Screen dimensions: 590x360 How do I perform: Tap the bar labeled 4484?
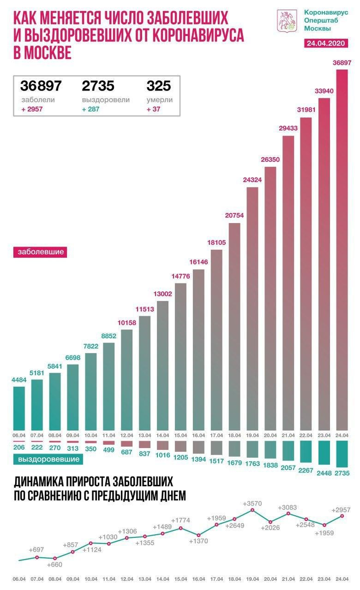coord(19,408)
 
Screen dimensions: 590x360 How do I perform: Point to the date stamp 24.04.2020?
coord(327,43)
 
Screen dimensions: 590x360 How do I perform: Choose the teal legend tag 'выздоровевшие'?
coord(48,459)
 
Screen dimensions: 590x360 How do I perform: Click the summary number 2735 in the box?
coord(98,86)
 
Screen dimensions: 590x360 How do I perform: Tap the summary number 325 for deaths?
coord(158,86)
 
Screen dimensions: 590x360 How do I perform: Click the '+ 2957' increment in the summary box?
coord(31,109)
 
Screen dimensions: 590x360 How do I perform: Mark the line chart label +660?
coord(55,565)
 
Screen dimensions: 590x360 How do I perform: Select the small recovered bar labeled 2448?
coord(324,452)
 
